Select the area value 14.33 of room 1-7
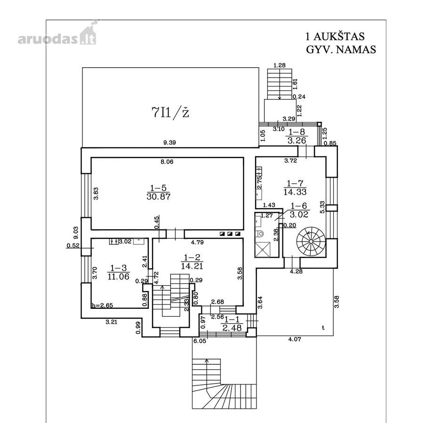295,192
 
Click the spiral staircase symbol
311,241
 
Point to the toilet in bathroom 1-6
260,234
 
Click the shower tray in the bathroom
262,250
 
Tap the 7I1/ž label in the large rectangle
170,112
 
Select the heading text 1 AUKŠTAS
335,36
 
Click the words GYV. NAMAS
341,49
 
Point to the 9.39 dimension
169,143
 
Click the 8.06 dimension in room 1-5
167,162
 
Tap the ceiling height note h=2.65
103,305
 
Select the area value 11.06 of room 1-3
119,276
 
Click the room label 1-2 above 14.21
192,258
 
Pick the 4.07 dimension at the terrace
295,339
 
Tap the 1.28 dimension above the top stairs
279,65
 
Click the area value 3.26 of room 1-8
297,141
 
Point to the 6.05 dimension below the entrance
200,341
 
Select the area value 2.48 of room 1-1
232,328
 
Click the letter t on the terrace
323,328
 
